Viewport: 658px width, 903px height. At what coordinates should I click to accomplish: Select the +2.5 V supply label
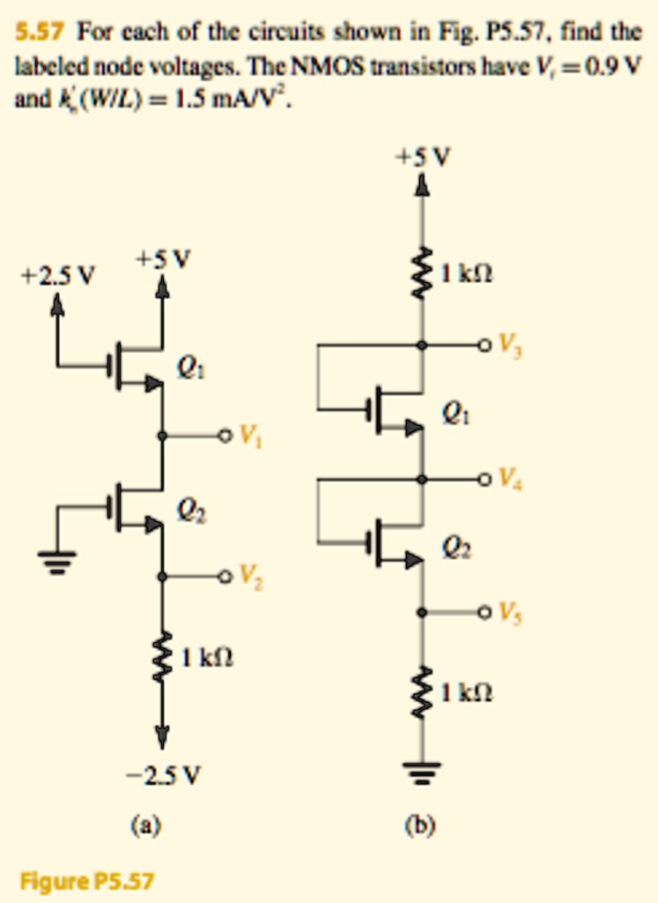[57, 275]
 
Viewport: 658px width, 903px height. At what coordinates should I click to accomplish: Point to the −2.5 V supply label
[163, 776]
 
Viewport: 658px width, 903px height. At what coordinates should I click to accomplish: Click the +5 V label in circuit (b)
[422, 156]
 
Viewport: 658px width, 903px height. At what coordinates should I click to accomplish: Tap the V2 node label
[250, 579]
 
